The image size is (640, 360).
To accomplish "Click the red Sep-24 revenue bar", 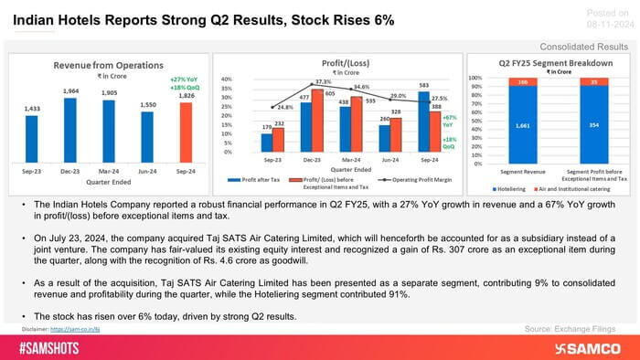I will coord(186,131).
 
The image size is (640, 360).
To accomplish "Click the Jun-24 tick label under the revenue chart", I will coord(147,170).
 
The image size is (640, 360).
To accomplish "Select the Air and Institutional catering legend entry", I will coord(581,188).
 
